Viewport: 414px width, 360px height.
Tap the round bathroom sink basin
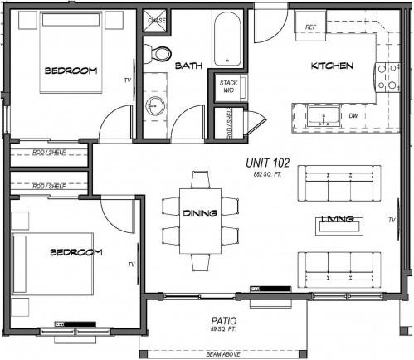[154, 105]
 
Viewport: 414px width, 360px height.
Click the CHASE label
[157, 19]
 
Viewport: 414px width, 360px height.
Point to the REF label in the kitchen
[311, 27]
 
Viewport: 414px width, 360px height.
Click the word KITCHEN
[332, 66]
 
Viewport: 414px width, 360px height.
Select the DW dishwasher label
[353, 116]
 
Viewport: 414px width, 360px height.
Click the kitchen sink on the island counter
[319, 116]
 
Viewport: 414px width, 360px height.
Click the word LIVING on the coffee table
[339, 220]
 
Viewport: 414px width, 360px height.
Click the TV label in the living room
[392, 220]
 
